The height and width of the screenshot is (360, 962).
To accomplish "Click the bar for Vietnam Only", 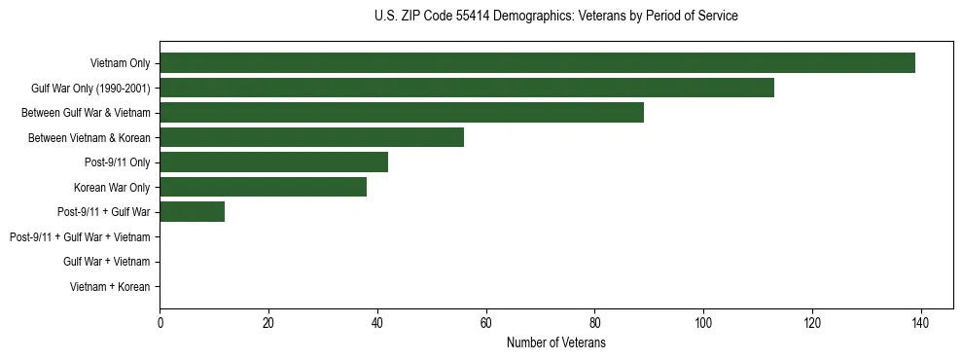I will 537,63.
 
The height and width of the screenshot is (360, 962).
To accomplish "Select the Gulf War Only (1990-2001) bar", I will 467,88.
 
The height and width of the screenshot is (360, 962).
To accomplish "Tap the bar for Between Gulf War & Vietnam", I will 402,113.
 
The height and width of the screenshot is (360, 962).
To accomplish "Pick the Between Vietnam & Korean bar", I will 311,137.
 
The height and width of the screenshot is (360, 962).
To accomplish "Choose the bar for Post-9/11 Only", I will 273,162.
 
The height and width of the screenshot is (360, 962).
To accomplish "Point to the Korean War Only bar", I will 263,187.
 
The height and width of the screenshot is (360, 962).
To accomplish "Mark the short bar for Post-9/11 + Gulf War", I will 193,212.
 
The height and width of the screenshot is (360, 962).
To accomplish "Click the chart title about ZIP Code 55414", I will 555,17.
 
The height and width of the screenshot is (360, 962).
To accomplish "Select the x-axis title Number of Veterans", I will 555,343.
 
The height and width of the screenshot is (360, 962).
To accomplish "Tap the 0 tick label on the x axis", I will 160,323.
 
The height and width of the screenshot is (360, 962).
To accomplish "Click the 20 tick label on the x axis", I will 268,323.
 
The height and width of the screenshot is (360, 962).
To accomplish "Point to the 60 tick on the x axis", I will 486,323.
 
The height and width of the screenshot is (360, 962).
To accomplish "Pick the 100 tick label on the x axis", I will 703,323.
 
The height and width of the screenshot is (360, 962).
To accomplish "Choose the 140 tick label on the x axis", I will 920,323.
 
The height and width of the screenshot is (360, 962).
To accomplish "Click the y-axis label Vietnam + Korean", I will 110,287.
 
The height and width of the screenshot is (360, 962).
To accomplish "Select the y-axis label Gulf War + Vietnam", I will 106,262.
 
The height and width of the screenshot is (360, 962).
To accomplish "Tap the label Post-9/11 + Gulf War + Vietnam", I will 80,237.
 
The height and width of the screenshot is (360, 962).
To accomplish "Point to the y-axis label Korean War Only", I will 112,187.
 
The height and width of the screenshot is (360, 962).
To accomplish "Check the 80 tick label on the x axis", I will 594,323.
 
